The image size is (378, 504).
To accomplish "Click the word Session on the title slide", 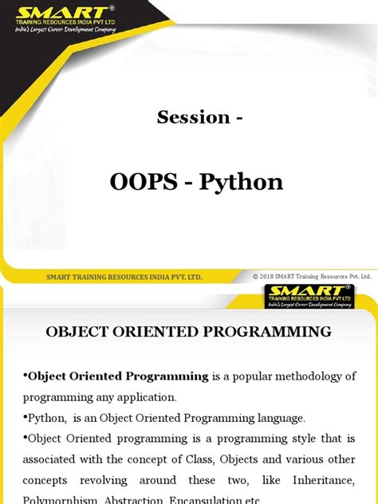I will click(192, 117).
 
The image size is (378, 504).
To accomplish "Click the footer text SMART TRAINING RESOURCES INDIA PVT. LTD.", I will click(124, 276).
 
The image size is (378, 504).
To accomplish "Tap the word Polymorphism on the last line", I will click(63, 499).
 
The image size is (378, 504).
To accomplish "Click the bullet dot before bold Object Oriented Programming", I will click(25, 376).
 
